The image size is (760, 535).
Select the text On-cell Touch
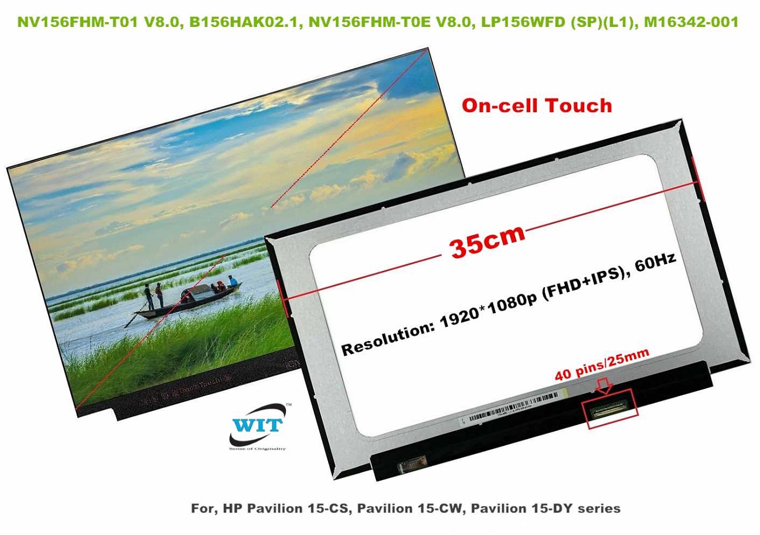537,106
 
